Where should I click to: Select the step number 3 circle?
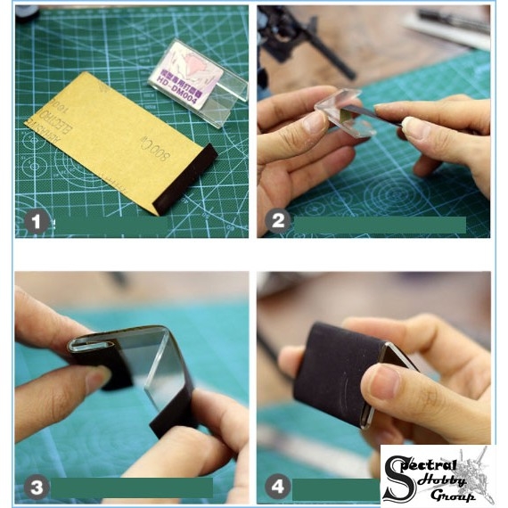point(36,487)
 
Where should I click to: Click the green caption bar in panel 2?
point(380,225)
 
